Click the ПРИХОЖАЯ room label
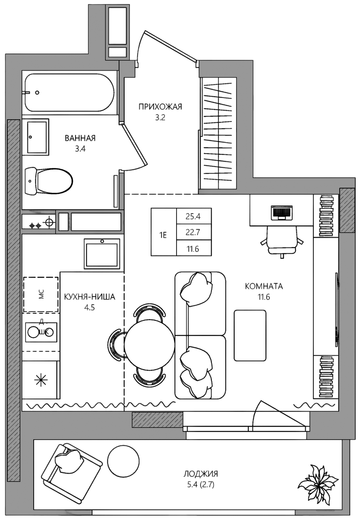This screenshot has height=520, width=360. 160,107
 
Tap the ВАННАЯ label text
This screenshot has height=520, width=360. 80,138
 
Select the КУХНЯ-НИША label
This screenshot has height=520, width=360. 90,297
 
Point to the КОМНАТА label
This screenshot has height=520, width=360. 264,286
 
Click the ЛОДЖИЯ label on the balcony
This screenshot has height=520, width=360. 201,474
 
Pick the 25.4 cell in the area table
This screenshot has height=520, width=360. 194,216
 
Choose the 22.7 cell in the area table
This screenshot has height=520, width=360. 194,232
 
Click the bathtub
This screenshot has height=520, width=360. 69,93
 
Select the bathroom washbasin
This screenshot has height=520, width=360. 37,137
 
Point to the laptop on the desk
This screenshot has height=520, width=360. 282,212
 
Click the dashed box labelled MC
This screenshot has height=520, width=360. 41,294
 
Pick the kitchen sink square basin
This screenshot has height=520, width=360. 101,254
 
